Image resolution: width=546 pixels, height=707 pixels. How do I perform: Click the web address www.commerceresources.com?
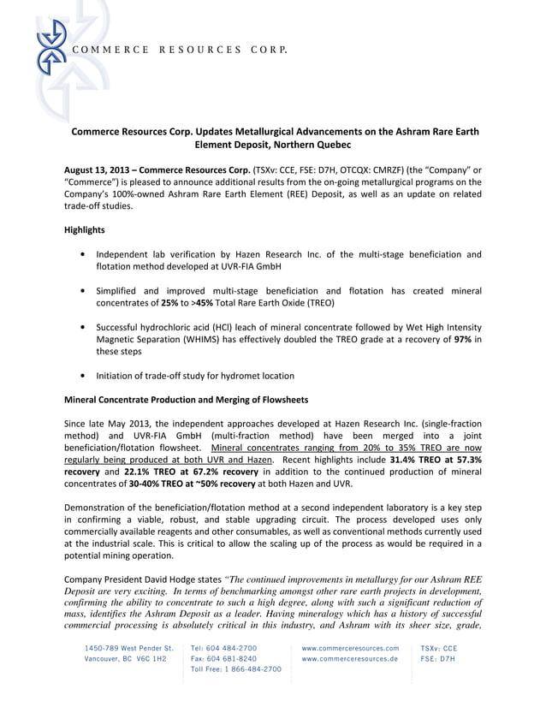350,648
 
